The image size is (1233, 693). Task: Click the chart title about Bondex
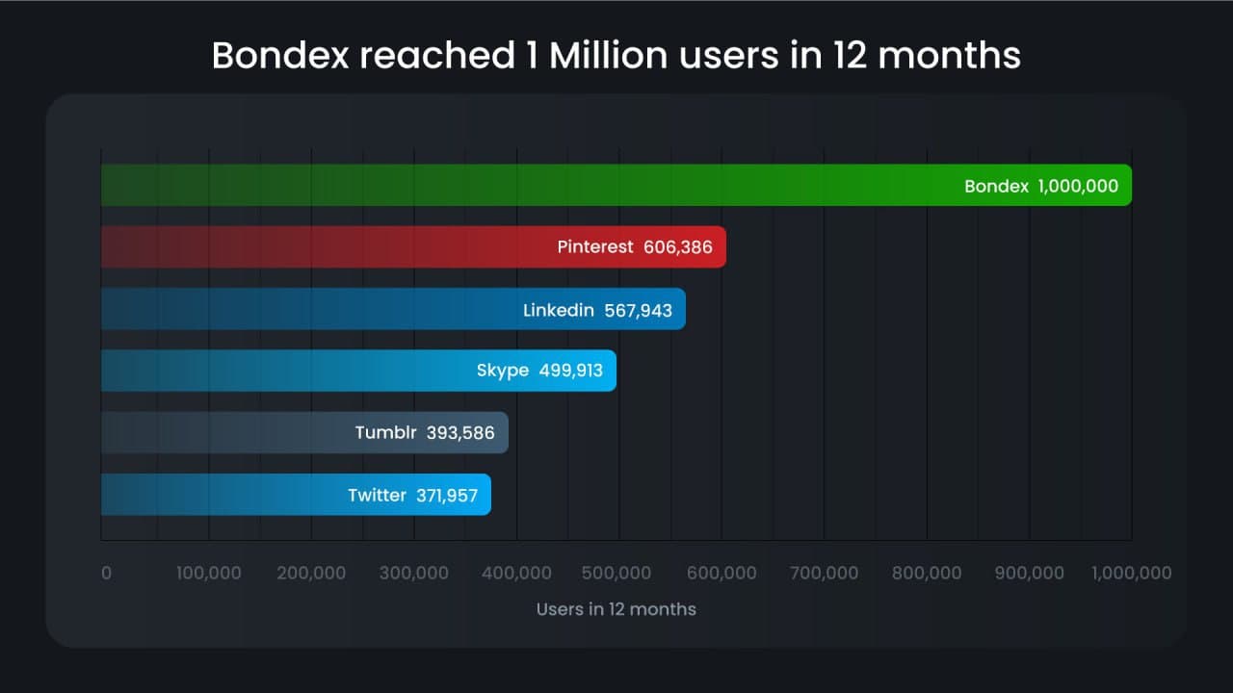coord(616,55)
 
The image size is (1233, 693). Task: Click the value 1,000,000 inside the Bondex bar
coord(1078,186)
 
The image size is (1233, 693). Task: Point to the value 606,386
coord(678,247)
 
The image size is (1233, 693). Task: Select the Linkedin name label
coord(559,310)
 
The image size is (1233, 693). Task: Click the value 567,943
coord(638,310)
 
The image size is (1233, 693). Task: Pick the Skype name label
coord(502,372)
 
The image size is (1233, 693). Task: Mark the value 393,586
coord(460,433)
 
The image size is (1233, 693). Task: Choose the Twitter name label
coord(377,496)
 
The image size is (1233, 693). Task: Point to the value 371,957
coord(447,496)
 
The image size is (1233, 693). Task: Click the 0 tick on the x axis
coord(106,573)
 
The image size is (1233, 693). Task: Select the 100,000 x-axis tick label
coord(209,573)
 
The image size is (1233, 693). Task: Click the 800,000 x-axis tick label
coord(927,573)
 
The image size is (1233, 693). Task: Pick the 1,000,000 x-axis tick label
coord(1131,573)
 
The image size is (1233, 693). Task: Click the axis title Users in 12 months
coord(616,609)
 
